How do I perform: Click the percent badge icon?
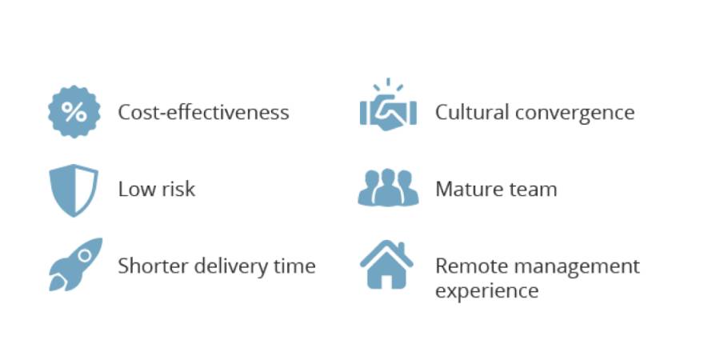coord(74,111)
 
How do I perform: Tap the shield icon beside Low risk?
coord(74,190)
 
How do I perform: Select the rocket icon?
coord(75,264)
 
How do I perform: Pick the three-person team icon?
coord(388,187)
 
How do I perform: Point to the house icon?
coord(386,265)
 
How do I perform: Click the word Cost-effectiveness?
coord(203,112)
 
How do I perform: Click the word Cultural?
coord(472,112)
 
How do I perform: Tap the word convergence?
coord(575,114)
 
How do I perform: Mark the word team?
coord(534,189)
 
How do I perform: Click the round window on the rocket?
coord(85,255)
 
